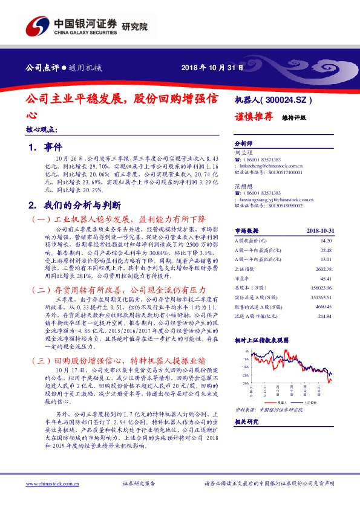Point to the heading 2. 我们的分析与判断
79,204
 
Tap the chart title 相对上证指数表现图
263,341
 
